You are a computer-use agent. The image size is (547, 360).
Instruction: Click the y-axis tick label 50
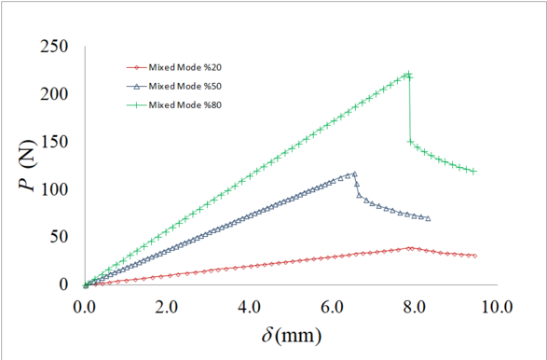pyautogui.click(x=60, y=237)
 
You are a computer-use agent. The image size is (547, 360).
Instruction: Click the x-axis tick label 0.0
pyautogui.click(x=85, y=305)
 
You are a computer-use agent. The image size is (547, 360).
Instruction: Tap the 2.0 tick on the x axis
pyautogui.click(x=167, y=305)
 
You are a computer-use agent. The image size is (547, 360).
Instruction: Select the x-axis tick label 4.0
pyautogui.click(x=250, y=305)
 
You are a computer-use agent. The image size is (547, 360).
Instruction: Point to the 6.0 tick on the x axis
pyautogui.click(x=332, y=305)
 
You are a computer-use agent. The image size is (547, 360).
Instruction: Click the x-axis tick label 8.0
pyautogui.click(x=414, y=305)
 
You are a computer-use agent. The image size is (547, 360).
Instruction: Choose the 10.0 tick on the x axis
pyautogui.click(x=495, y=305)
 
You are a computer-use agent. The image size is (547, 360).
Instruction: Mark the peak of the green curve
pyautogui.click(x=408, y=75)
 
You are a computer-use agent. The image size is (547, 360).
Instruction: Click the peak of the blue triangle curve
pyautogui.click(x=354, y=173)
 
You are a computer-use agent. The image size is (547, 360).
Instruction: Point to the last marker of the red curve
pyautogui.click(x=474, y=256)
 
